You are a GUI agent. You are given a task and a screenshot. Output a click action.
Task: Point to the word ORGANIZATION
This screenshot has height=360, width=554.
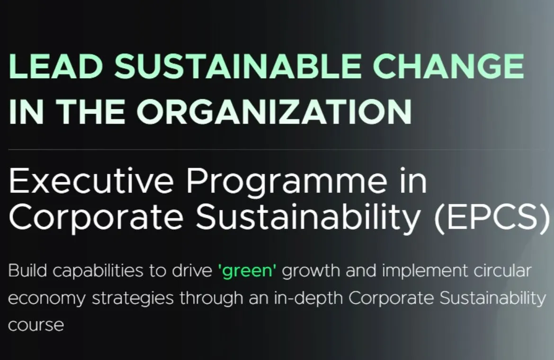[x=274, y=112]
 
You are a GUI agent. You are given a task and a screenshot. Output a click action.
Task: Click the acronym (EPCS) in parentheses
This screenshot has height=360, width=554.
[x=492, y=217]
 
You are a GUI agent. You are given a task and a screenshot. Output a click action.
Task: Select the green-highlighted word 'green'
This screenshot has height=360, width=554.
[x=248, y=272]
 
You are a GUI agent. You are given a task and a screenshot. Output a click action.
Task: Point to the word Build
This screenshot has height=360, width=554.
[x=27, y=271]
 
